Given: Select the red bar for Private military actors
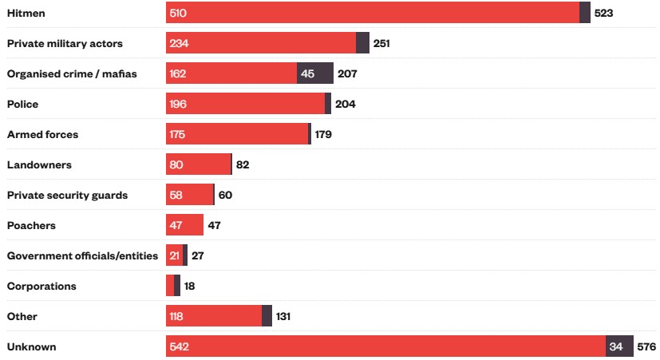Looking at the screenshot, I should tap(261, 43).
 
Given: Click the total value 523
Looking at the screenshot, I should tap(603, 14).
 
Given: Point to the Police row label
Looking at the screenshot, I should tap(22, 105).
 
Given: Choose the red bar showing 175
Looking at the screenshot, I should tap(237, 134).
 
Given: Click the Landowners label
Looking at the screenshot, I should tap(39, 164).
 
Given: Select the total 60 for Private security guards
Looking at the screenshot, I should tap(225, 195).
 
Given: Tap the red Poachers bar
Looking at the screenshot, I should tap(184, 225).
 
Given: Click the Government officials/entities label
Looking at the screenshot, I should tap(82, 255).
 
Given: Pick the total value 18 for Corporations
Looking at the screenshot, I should tap(190, 286).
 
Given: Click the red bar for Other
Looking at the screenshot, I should tap(214, 316).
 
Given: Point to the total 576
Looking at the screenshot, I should tap(646, 346).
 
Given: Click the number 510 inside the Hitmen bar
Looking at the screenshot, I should tap(179, 14).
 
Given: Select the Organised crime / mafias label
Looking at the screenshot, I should tap(72, 74).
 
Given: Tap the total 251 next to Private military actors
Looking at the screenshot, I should tap(381, 43).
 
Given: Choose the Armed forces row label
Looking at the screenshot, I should tap(42, 134).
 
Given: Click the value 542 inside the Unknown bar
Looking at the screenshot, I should tap(179, 346).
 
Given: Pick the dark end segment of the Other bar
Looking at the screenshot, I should tap(267, 316).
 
